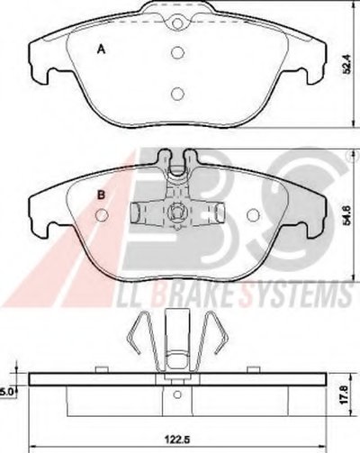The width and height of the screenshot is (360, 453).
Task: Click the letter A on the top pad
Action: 102,50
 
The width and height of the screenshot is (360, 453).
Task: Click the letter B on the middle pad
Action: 102,195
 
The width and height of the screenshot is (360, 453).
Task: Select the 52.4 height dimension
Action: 347,64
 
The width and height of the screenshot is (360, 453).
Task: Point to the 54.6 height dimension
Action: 347,214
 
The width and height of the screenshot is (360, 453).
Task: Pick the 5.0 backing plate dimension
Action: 6,392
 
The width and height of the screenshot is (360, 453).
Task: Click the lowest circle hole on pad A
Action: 177,94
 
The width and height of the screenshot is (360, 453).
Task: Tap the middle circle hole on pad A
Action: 177,53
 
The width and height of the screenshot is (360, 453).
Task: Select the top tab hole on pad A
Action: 177,23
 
